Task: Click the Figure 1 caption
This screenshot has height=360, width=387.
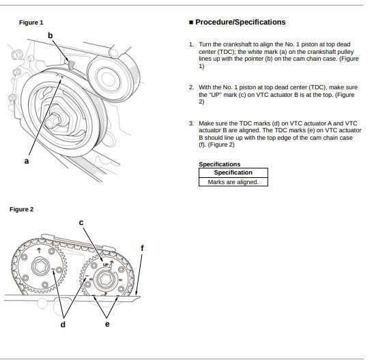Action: (31, 22)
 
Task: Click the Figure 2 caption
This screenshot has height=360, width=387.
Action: (21, 209)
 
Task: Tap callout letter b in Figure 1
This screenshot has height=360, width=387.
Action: (50, 35)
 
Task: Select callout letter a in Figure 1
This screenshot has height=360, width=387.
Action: (27, 162)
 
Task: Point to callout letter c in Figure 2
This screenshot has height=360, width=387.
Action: (81, 223)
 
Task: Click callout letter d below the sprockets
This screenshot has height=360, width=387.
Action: (63, 325)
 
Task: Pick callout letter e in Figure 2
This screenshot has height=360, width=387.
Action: (107, 324)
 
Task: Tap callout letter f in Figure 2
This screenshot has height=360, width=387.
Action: (142, 248)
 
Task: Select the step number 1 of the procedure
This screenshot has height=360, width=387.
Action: (191, 44)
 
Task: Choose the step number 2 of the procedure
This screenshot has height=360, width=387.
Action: (191, 87)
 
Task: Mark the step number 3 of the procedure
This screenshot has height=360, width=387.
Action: (191, 123)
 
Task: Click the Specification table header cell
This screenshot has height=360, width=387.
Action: (233, 172)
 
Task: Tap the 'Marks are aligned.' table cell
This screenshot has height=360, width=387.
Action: (233, 182)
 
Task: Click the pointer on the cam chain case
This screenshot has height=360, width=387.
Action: (71, 64)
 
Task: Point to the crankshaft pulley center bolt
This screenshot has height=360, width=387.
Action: (53, 121)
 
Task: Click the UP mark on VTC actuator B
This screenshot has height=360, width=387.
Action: (106, 265)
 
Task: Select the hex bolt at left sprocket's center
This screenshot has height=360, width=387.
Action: (41, 267)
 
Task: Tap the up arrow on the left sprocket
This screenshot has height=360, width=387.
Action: (39, 250)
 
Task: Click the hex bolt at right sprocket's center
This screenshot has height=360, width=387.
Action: (105, 280)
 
